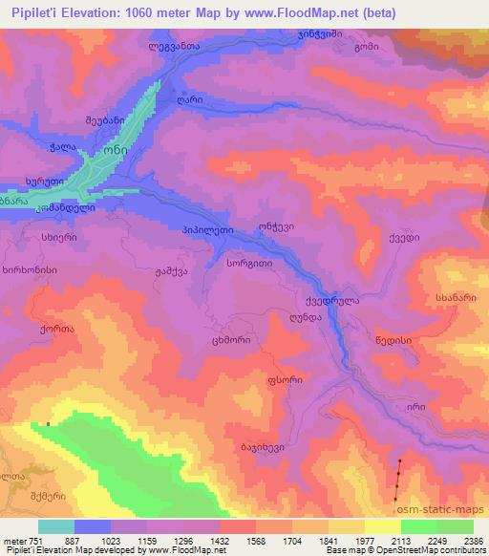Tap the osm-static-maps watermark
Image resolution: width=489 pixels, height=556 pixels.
[446, 508]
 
